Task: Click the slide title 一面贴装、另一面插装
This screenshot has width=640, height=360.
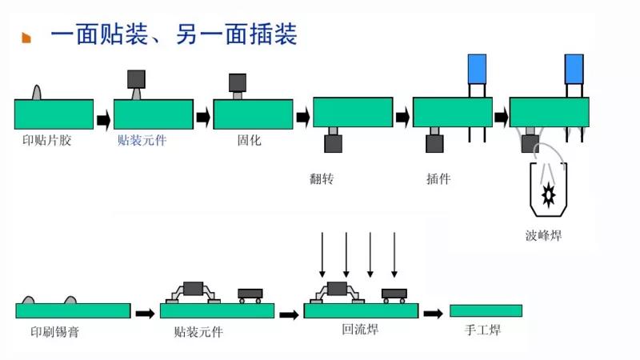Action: pyautogui.click(x=174, y=34)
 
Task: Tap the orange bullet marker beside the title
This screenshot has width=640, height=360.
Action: pyautogui.click(x=26, y=38)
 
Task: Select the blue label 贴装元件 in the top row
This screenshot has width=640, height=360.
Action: pyautogui.click(x=142, y=140)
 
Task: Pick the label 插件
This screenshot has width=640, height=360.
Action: pyautogui.click(x=438, y=178)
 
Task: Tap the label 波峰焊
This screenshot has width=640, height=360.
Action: pyautogui.click(x=543, y=235)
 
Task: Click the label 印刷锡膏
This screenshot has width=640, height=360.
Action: pyautogui.click(x=54, y=331)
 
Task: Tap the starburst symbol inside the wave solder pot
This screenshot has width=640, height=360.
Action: pyautogui.click(x=549, y=193)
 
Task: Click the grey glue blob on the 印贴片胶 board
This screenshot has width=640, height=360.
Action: pyautogui.click(x=37, y=92)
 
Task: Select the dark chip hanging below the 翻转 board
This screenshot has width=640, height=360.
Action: pyautogui.click(x=333, y=144)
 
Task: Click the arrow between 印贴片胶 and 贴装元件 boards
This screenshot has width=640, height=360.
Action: pyautogui.click(x=103, y=120)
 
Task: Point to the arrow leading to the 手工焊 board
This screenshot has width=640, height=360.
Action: pyautogui.click(x=433, y=313)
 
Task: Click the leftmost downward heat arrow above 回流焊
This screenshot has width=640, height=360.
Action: pyautogui.click(x=322, y=254)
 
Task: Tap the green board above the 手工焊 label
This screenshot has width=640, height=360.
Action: pyautogui.click(x=486, y=310)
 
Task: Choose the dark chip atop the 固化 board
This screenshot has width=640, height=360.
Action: pyautogui.click(x=238, y=82)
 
